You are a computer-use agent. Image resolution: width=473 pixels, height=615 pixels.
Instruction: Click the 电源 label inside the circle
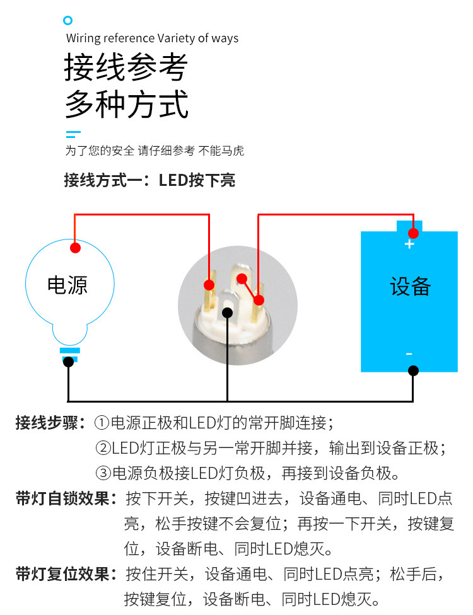pos(67,285)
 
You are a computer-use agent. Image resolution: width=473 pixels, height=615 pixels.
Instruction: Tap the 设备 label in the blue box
pos(410,287)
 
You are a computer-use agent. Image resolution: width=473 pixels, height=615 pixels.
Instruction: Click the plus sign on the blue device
pos(409,244)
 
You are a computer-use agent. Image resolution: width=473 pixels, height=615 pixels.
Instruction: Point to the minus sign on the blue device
pos(409,354)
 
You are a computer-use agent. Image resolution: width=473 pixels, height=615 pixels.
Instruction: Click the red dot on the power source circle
pos(75,248)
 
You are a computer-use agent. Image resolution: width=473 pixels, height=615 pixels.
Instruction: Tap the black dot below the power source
pos(68,362)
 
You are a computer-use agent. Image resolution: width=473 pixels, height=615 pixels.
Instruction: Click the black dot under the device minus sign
pos(413,371)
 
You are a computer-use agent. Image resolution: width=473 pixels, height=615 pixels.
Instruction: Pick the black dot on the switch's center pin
pos(228,312)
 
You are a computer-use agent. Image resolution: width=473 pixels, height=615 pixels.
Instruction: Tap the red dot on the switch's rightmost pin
pos(259,299)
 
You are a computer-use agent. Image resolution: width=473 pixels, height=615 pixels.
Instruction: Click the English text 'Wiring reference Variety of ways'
pos(152,38)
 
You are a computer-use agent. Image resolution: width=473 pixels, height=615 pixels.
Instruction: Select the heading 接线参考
pos(126,67)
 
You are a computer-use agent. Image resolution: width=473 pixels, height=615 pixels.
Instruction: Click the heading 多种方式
pos(126,104)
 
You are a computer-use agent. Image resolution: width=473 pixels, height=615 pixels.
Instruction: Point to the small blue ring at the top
pos(68,21)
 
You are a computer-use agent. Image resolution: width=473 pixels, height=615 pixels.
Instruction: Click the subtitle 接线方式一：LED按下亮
pos(149,181)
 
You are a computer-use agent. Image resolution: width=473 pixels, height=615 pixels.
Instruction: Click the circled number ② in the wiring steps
pos(103,449)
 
